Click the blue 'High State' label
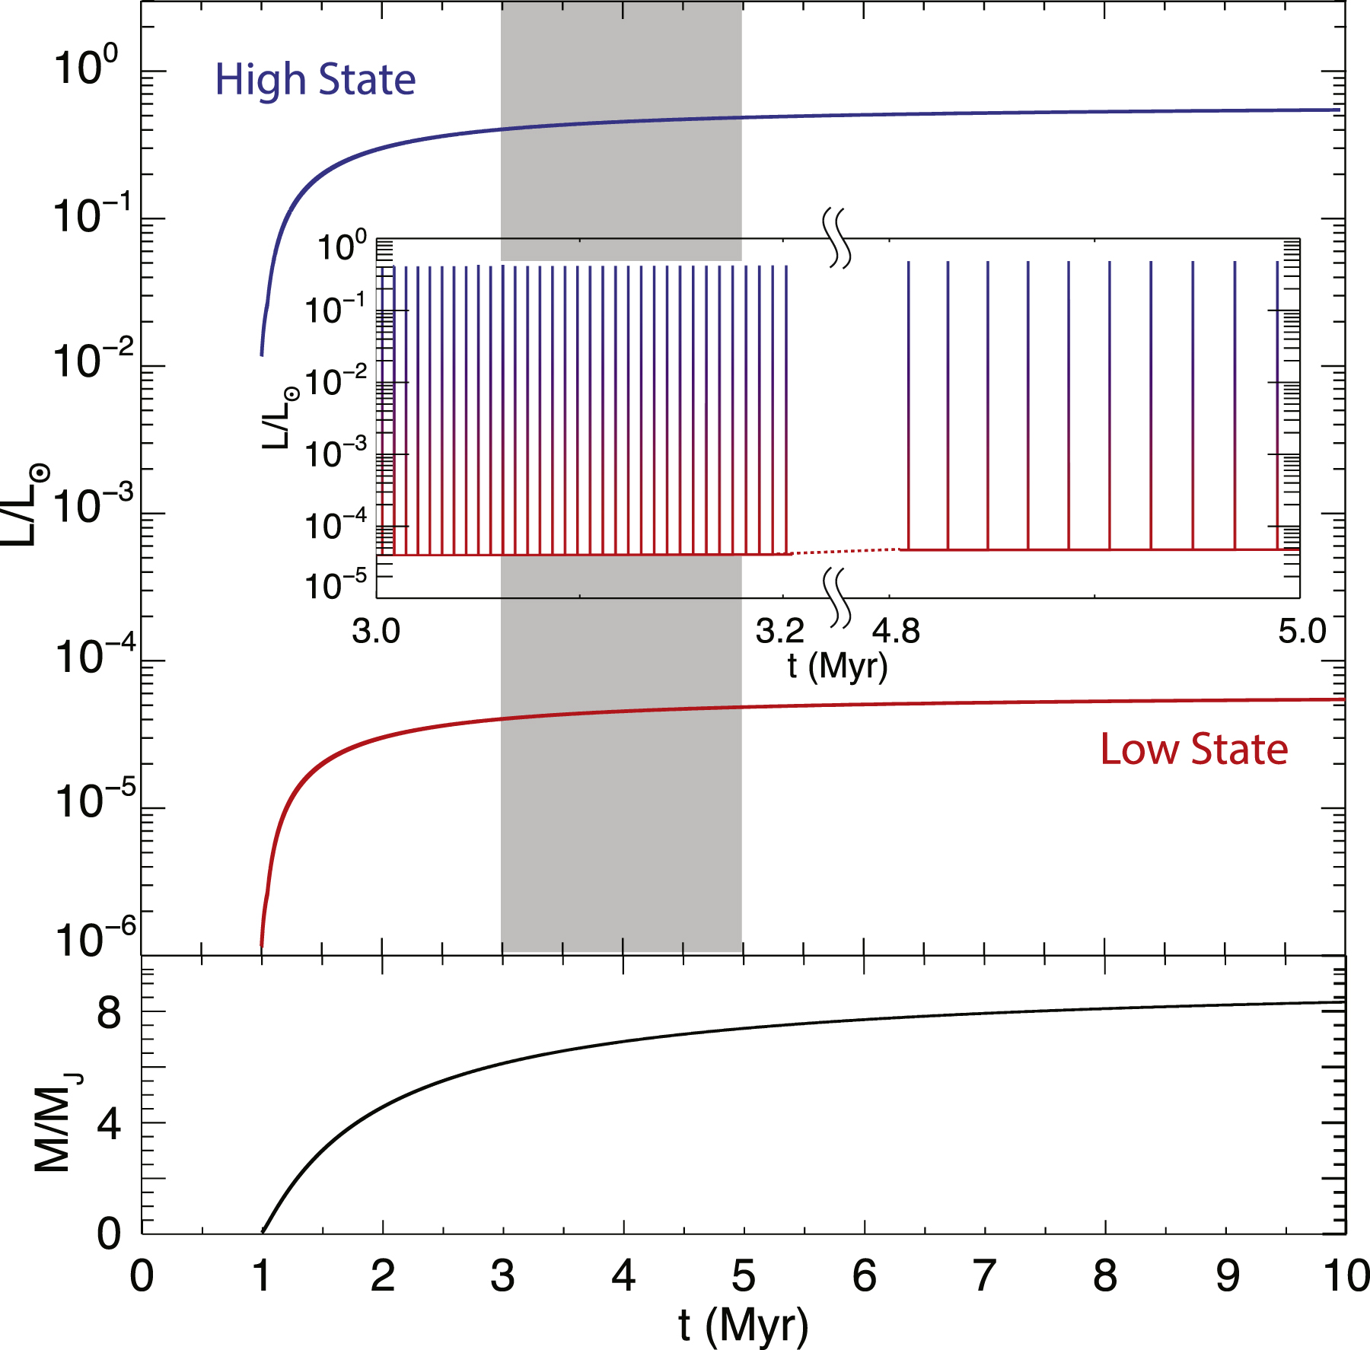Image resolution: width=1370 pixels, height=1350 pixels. point(315,81)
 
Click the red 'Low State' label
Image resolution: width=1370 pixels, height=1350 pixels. point(1193,750)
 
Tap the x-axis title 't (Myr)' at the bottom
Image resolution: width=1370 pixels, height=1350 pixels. point(743,1326)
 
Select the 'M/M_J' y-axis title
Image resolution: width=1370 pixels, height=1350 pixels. point(55,1123)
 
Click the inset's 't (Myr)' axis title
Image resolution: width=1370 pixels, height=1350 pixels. point(837,666)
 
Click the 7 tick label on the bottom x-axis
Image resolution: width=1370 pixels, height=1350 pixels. point(984,1276)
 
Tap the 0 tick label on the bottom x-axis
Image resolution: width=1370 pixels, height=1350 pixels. point(142,1276)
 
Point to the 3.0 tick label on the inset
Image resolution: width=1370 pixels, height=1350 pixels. point(376,632)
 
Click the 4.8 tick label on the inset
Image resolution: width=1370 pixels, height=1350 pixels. point(896,632)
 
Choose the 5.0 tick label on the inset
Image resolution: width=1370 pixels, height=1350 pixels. point(1301,632)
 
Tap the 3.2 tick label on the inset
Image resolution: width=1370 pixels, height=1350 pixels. point(779,632)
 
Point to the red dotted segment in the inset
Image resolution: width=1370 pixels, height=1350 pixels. point(845,551)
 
